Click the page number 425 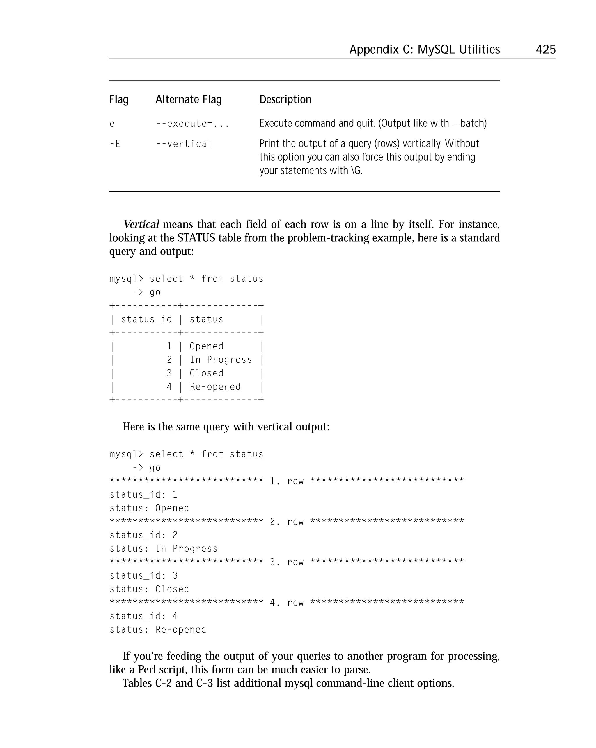[x=545, y=49]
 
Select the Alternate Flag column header [x=188, y=100]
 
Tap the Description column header [x=285, y=100]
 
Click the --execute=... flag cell [x=192, y=124]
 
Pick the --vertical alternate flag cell [x=184, y=144]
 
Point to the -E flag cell [x=115, y=144]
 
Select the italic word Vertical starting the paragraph [x=141, y=224]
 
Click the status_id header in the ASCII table [x=146, y=319]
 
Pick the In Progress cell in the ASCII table [x=221, y=360]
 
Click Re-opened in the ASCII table [x=215, y=387]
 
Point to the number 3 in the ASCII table [x=169, y=373]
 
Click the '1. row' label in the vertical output [x=287, y=481]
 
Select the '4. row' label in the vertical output [x=287, y=603]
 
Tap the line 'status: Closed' [x=149, y=589]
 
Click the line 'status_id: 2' [x=143, y=535]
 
